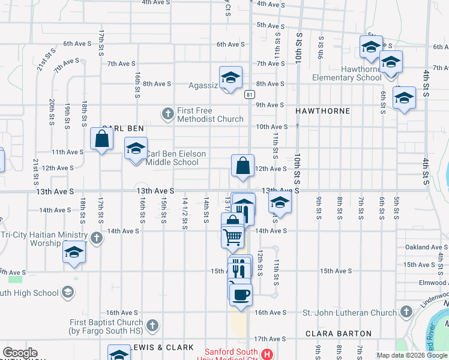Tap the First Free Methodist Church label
[210, 115]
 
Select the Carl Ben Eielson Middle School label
[176, 158]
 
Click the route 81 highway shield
[250, 94]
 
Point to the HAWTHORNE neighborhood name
[322, 112]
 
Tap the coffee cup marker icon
[241, 295]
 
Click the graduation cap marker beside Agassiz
[230, 77]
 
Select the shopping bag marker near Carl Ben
[102, 139]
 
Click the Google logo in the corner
[20, 353]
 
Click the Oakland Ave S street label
[426, 247]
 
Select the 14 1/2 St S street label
[185, 213]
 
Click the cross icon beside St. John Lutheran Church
[406, 312]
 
